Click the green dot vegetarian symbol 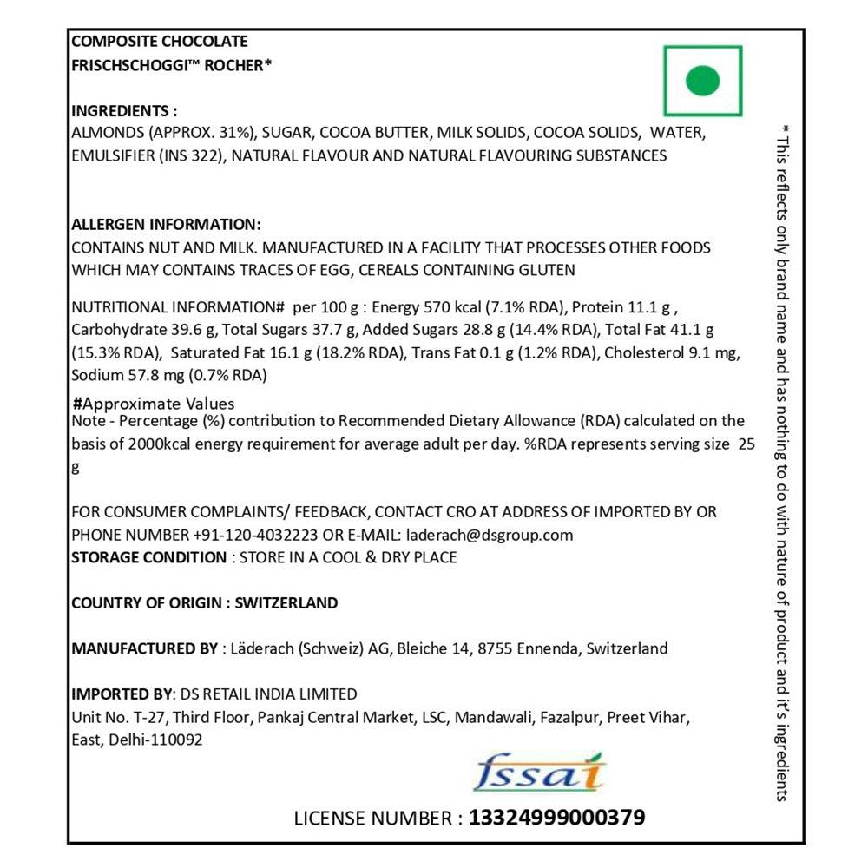702,82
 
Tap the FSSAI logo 540,772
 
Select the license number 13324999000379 556,818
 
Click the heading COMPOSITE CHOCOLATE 159,41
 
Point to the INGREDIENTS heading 123,111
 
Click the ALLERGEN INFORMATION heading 165,225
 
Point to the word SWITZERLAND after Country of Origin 286,602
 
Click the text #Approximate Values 154,404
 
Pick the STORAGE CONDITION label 148,557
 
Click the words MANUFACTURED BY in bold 145,648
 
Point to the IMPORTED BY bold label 122,694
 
